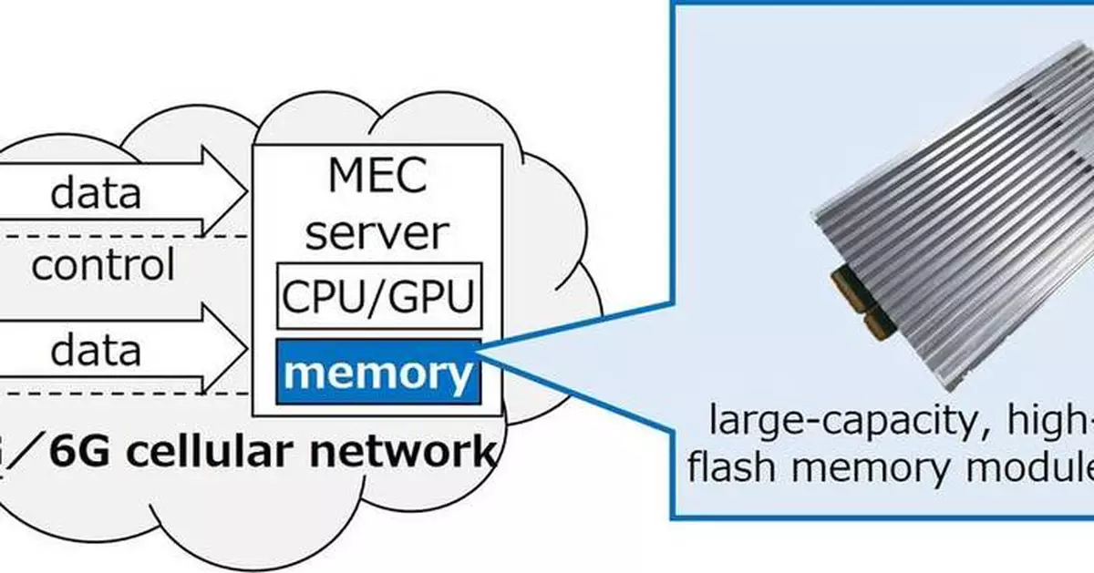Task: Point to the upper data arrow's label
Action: click(x=96, y=193)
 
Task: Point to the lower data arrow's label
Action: click(x=96, y=350)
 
